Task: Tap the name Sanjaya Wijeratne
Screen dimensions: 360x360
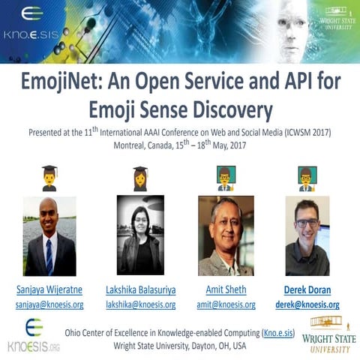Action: pyautogui.click(x=49, y=289)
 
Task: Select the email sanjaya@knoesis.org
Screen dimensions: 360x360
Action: pyautogui.click(x=49, y=304)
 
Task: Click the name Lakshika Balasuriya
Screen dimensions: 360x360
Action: pyautogui.click(x=139, y=289)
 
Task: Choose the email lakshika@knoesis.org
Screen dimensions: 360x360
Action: pyautogui.click(x=139, y=304)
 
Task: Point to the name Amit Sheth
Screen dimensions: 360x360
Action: pyautogui.click(x=226, y=289)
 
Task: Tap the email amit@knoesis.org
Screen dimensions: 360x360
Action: pyautogui.click(x=226, y=304)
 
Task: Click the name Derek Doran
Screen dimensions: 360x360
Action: pyautogui.click(x=307, y=289)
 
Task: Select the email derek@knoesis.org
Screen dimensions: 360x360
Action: pyautogui.click(x=307, y=304)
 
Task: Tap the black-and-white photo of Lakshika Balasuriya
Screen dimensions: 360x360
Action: pyautogui.click(x=139, y=235)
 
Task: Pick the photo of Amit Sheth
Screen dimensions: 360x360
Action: pyautogui.click(x=226, y=235)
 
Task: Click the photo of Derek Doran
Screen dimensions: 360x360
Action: pyautogui.click(x=307, y=235)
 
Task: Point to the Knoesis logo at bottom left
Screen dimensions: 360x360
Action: pyautogui.click(x=32, y=334)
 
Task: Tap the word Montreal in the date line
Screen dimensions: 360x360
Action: pyautogui.click(x=131, y=145)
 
